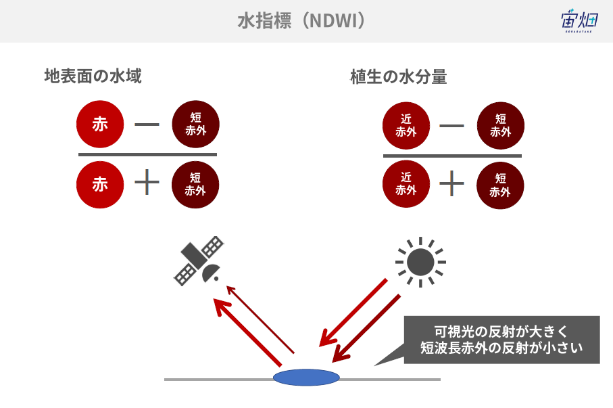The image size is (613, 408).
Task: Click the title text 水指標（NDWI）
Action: (x=301, y=21)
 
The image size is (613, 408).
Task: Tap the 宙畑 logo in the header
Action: (x=579, y=21)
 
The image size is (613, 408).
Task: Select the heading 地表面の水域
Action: (x=93, y=76)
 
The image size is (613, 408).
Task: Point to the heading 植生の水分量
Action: (x=398, y=76)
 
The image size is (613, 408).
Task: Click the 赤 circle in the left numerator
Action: (x=100, y=124)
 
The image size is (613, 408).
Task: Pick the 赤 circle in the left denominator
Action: (x=100, y=185)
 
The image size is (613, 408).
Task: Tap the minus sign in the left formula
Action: (x=147, y=124)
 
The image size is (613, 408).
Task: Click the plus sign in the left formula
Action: (x=147, y=182)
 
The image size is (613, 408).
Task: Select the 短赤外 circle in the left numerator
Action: (x=195, y=124)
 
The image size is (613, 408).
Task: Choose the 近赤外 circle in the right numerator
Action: (x=406, y=126)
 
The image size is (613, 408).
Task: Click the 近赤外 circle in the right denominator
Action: (x=406, y=183)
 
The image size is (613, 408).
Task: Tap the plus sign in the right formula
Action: (x=451, y=183)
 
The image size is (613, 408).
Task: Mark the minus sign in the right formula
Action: (x=451, y=126)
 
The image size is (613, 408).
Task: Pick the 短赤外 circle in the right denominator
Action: (x=500, y=185)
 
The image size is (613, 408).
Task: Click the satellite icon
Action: (x=199, y=260)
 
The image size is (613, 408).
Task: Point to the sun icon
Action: (x=420, y=262)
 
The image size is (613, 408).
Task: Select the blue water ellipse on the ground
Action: (x=306, y=378)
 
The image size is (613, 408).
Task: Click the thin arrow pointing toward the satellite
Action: (x=260, y=319)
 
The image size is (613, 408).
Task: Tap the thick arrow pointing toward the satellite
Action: (x=247, y=332)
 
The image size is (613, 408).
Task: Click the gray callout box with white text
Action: (x=501, y=340)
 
